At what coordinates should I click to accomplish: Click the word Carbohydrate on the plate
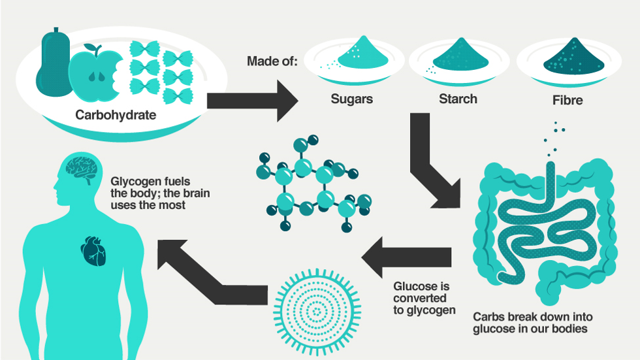point(116,116)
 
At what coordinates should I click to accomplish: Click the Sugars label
point(351,100)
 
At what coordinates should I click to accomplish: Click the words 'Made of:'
point(272,62)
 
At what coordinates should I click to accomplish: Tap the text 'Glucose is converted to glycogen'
point(424,298)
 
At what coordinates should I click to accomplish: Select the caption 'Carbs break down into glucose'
point(530,322)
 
